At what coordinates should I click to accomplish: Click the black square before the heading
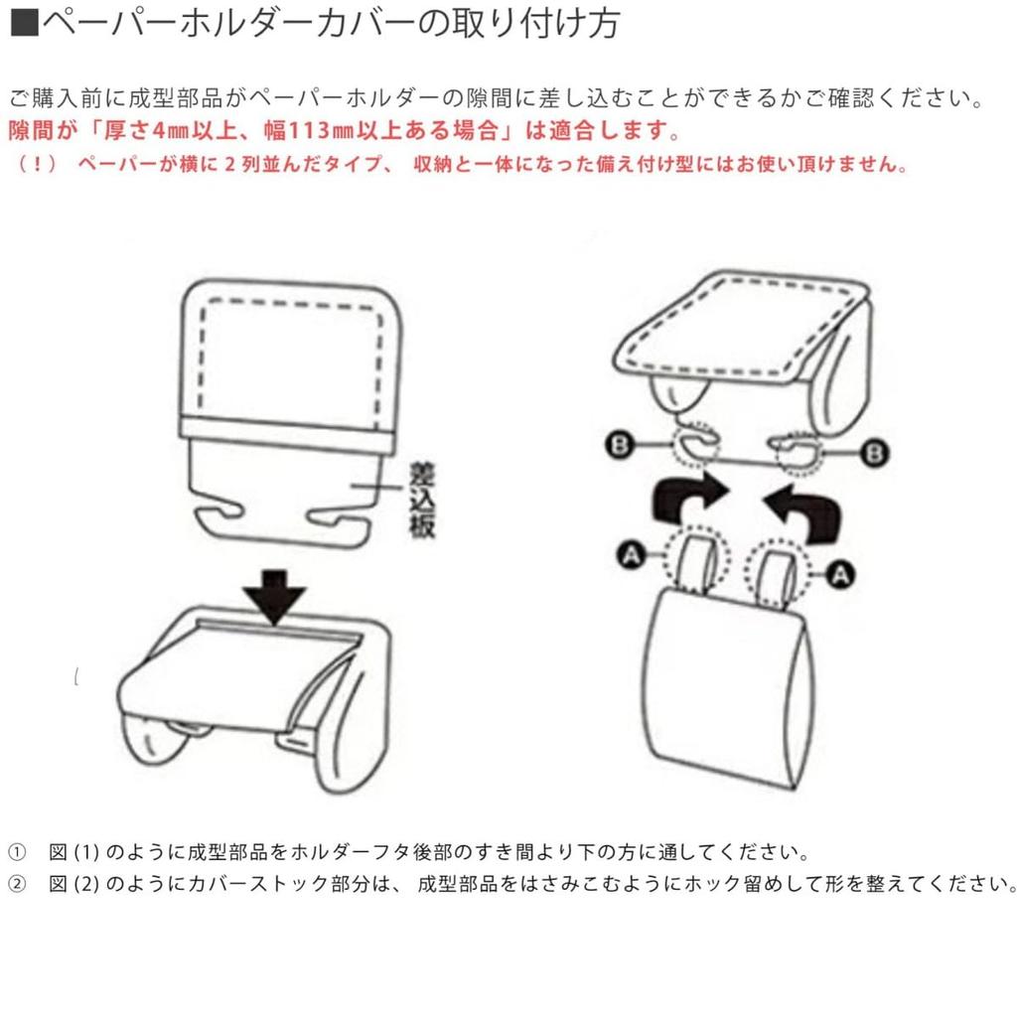(x=25, y=23)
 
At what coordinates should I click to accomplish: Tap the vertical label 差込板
(x=421, y=500)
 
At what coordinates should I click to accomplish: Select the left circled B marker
(x=620, y=446)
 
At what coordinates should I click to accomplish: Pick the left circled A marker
(x=631, y=555)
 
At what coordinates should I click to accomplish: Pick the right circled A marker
(x=840, y=575)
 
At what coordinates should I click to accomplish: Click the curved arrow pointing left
(x=802, y=512)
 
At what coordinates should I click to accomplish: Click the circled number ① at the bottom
(x=17, y=851)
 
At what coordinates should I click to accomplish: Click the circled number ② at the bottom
(x=17, y=883)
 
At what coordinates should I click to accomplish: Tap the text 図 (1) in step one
(x=73, y=851)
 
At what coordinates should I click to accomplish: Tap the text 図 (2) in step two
(x=73, y=883)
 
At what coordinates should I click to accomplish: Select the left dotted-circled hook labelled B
(x=696, y=445)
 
